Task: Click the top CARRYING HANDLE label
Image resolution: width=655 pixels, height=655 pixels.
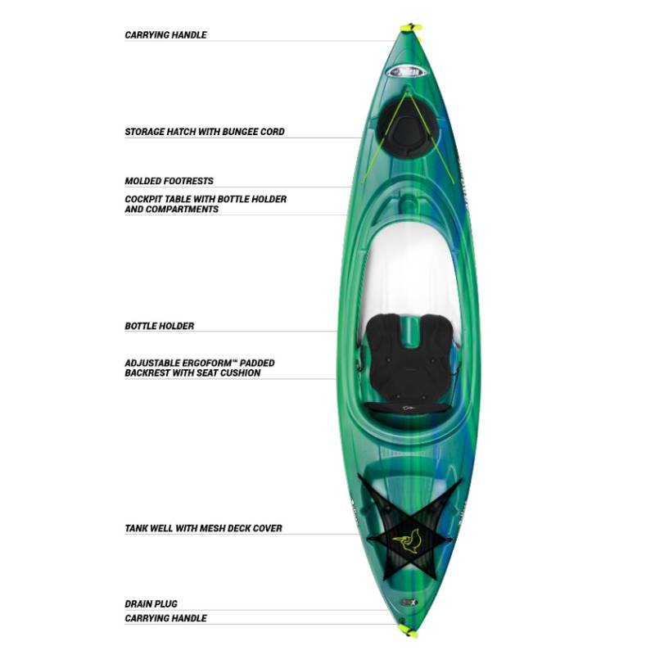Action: click(165, 34)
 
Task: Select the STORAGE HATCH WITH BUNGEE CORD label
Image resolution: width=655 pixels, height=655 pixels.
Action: click(204, 132)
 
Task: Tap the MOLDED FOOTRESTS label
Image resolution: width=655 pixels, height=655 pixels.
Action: click(169, 181)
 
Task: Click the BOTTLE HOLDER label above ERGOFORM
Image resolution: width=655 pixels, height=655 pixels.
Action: click(159, 326)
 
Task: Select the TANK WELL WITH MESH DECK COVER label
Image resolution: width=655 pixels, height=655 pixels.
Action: click(203, 528)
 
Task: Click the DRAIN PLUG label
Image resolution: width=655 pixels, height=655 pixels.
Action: click(151, 603)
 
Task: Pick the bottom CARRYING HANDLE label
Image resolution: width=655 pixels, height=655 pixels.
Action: click(165, 618)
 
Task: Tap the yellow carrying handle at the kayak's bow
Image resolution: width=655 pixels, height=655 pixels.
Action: click(411, 29)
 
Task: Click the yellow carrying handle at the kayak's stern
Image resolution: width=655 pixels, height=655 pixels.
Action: click(409, 631)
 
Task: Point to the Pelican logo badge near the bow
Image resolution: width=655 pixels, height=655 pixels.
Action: click(406, 72)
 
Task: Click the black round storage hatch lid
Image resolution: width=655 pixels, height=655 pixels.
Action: click(407, 129)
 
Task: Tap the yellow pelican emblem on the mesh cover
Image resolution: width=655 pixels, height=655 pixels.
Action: click(407, 541)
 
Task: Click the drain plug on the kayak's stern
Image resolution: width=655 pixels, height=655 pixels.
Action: click(407, 603)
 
